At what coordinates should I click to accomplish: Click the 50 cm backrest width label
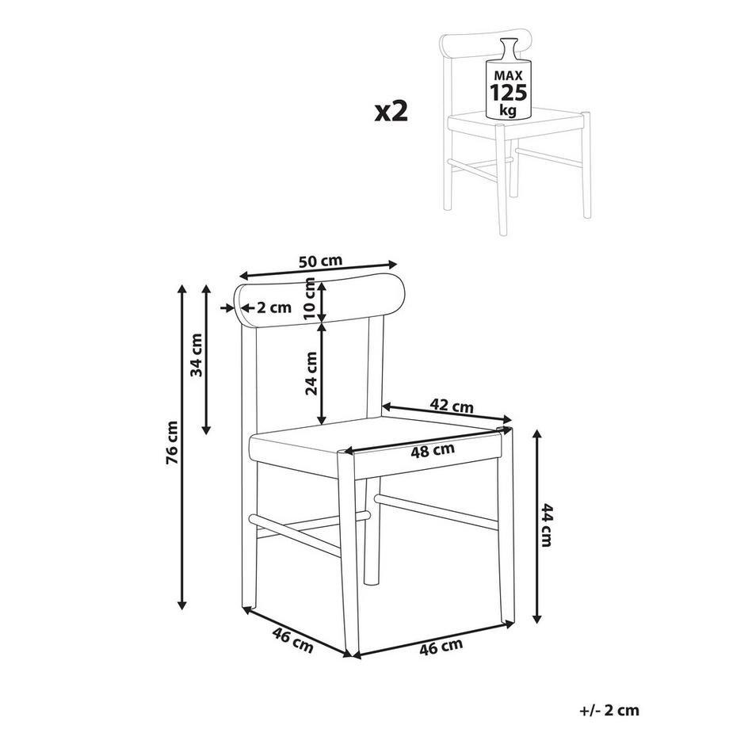pos(320,261)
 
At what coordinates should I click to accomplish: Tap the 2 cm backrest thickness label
pos(274,307)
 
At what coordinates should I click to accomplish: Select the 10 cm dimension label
pos(310,299)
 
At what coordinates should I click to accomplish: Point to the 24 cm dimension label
pos(311,373)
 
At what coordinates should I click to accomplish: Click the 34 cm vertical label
pos(197,355)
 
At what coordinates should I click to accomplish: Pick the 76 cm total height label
pos(172,443)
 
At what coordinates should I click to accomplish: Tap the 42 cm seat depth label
pos(452,406)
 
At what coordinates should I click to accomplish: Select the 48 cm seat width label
pos(433,450)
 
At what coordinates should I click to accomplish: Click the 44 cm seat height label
pos(547,525)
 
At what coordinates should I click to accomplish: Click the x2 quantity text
pos(391,112)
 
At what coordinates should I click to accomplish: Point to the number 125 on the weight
pos(509,93)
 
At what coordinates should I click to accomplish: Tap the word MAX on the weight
pos(509,76)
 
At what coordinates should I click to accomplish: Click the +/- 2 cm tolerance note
pos(609,711)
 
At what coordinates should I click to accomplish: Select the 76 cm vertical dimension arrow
pos(181,447)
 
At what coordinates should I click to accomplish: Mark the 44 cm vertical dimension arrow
pos(537,526)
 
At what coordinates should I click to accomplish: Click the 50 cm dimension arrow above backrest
pos(319,270)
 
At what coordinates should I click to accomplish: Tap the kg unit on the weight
pos(508,110)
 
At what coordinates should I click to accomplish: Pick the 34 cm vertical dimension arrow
pos(207,360)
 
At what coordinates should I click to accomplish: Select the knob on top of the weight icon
pos(508,48)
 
